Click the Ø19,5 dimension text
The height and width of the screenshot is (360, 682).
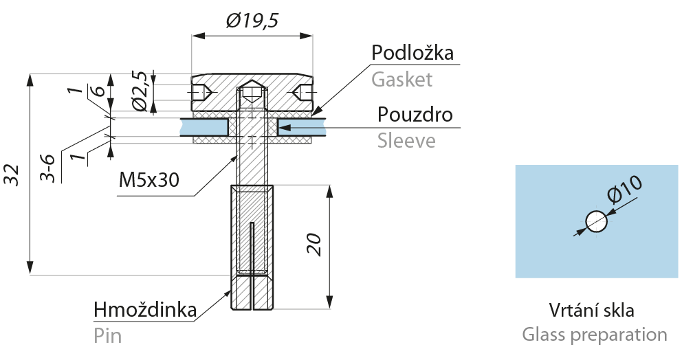pyautogui.click(x=252, y=20)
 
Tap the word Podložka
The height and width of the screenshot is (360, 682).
pyautogui.click(x=412, y=53)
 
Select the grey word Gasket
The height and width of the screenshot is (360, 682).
pyautogui.click(x=402, y=80)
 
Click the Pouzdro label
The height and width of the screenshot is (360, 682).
pyautogui.click(x=415, y=114)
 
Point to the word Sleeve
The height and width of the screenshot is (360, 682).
pyautogui.click(x=406, y=141)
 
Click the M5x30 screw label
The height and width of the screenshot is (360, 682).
pyautogui.click(x=148, y=179)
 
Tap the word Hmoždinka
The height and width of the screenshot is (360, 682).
pyautogui.click(x=145, y=310)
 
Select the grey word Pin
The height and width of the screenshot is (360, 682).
pyautogui.click(x=107, y=336)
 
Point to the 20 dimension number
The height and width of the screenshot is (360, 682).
pyautogui.click(x=314, y=245)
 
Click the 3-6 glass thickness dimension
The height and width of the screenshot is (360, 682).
pyautogui.click(x=47, y=168)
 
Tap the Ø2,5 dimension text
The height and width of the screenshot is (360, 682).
pyautogui.click(x=140, y=91)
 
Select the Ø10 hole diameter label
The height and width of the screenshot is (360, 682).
pyautogui.click(x=624, y=189)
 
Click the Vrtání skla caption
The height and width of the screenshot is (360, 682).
pyautogui.click(x=591, y=311)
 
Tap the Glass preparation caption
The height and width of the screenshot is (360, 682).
pyautogui.click(x=595, y=335)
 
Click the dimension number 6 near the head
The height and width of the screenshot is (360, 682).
pyautogui.click(x=100, y=91)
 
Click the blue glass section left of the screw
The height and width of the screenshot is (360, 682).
pyautogui.click(x=205, y=127)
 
